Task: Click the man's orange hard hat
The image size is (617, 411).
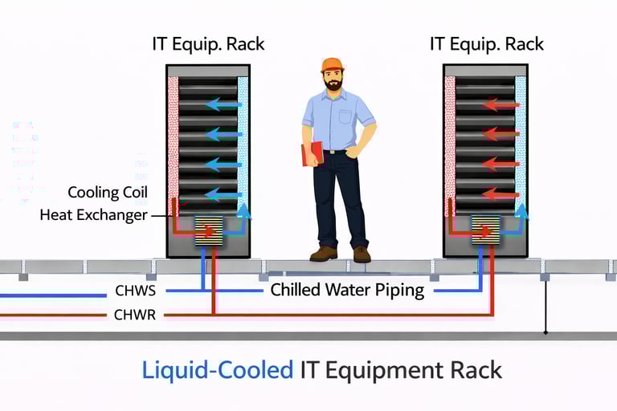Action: [x=332, y=65]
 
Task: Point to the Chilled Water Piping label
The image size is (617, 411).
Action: [x=347, y=291]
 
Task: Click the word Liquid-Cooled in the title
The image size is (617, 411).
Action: [x=217, y=370]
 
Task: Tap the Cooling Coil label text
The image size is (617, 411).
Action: [x=108, y=193]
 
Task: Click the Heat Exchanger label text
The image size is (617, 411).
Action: [x=93, y=215]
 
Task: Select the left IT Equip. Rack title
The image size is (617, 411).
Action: [x=208, y=43]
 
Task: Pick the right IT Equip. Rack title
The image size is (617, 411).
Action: [x=487, y=43]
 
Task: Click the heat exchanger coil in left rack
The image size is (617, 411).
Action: [x=209, y=230]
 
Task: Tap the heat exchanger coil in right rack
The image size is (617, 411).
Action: [x=485, y=230]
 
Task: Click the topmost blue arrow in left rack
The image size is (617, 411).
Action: [x=223, y=104]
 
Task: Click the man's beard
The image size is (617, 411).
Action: [x=333, y=83]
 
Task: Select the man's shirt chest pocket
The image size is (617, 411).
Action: [x=346, y=117]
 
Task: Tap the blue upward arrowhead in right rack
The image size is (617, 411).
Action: [x=521, y=210]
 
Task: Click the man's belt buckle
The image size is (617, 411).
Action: [x=332, y=151]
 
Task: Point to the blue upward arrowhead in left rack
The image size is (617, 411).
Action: [x=244, y=211]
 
